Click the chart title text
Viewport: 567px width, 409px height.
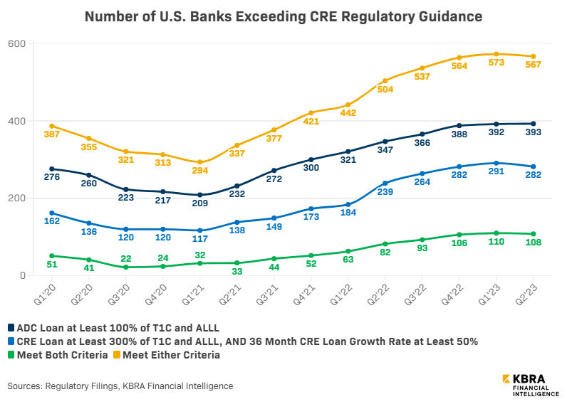click(x=283, y=16)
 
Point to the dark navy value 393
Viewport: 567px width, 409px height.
click(x=534, y=133)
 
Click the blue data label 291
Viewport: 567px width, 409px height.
click(x=496, y=172)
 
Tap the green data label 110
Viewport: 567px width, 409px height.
click(x=496, y=242)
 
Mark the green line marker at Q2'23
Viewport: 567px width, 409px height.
click(x=534, y=234)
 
